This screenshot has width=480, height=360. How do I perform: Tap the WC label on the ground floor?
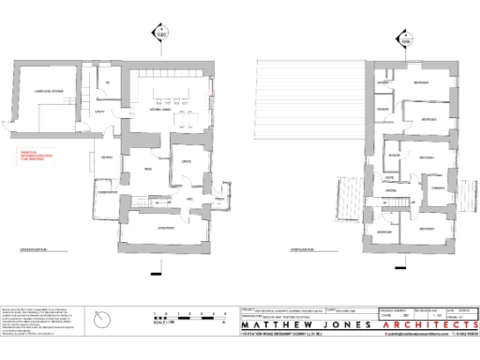[x=109, y=84]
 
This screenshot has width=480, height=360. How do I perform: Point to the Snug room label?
[x=147, y=169]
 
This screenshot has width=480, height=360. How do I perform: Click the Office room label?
[x=187, y=160]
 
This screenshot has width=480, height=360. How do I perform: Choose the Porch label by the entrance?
[x=217, y=200]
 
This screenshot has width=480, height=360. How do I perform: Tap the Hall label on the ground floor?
[x=189, y=200]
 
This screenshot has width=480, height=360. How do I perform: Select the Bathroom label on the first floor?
[x=385, y=232]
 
